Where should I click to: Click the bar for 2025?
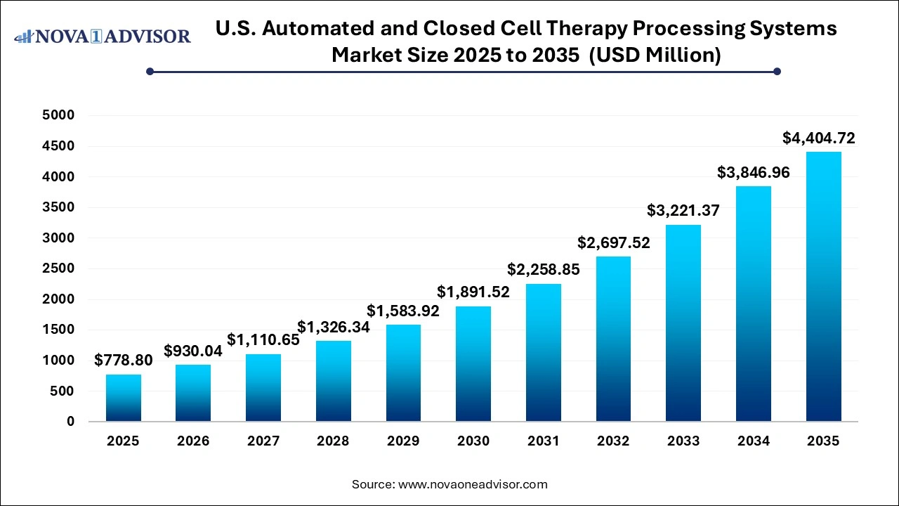click(x=124, y=398)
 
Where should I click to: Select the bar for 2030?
click(x=473, y=364)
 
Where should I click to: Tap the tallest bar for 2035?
click(x=823, y=287)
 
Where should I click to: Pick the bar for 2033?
click(x=683, y=323)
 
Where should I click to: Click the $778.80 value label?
click(x=124, y=361)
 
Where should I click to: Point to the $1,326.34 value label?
click(x=334, y=327)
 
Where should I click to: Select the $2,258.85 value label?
click(x=544, y=269)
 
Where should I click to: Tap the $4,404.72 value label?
click(x=819, y=138)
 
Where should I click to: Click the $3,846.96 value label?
click(x=754, y=171)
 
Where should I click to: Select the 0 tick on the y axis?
click(x=71, y=422)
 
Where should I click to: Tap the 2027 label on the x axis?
click(x=263, y=441)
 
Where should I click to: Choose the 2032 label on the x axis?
click(x=613, y=441)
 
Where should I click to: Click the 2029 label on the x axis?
click(x=403, y=441)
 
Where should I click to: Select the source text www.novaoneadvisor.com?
click(x=473, y=484)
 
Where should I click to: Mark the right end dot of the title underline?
click(x=777, y=71)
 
